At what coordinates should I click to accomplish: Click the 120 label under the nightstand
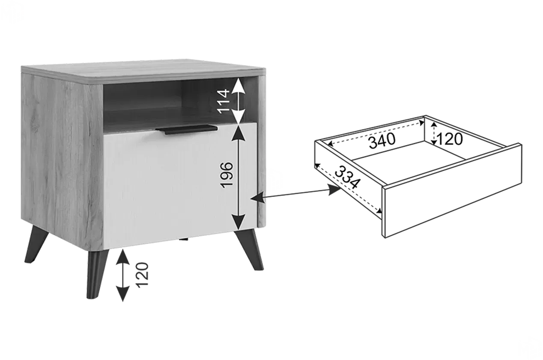click(x=142, y=275)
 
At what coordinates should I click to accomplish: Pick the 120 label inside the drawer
click(x=450, y=139)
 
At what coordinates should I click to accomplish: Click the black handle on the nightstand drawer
click(x=186, y=129)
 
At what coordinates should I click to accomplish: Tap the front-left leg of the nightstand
click(x=97, y=274)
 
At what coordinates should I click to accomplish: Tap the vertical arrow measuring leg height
click(x=122, y=275)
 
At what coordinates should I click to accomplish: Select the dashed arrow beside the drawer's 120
click(x=434, y=134)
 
